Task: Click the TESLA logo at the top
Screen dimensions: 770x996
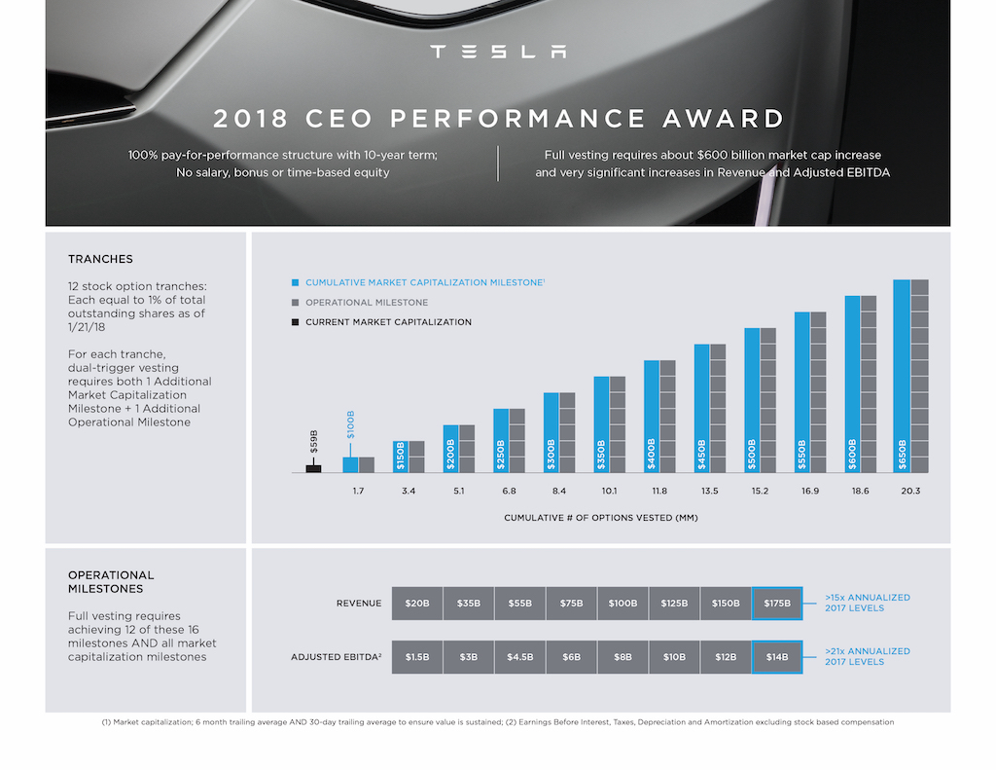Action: point(498,52)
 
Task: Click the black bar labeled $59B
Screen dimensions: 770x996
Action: point(313,468)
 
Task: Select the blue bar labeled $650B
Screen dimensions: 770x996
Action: point(903,376)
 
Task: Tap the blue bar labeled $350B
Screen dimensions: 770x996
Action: point(601,423)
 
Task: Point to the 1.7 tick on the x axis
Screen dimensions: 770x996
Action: point(358,491)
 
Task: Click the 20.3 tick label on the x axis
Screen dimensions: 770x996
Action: point(910,491)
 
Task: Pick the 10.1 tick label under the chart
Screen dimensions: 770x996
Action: point(609,491)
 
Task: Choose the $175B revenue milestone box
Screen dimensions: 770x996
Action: point(777,604)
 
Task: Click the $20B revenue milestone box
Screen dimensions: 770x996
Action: point(416,604)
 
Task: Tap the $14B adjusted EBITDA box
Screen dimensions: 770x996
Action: point(777,657)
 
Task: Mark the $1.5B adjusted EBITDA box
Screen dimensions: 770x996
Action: point(416,657)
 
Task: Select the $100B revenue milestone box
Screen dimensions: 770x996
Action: point(622,604)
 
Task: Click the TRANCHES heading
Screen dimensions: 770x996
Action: point(100,259)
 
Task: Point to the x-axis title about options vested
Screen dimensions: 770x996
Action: point(600,518)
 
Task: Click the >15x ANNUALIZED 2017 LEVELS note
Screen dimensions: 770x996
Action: point(867,603)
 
